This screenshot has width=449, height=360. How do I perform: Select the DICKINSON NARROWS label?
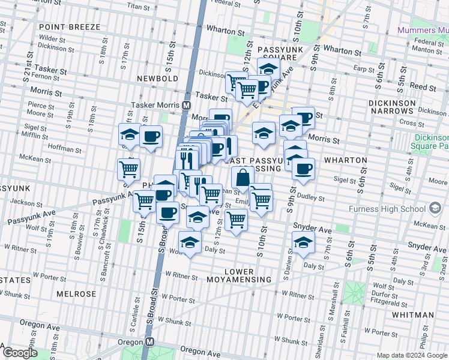408,107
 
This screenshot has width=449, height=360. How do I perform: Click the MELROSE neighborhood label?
76,294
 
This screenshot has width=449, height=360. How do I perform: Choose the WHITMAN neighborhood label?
412,314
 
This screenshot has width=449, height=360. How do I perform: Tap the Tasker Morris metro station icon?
187,104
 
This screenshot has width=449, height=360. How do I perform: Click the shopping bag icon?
241,178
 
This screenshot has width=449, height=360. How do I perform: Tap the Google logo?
20,352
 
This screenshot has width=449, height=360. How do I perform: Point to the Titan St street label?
137,7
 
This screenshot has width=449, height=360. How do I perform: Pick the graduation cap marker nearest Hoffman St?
129,135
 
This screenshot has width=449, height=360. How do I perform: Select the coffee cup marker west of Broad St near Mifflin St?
151,136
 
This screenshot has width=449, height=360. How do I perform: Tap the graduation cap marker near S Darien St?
303,242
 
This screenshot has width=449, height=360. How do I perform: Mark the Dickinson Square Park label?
430,142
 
